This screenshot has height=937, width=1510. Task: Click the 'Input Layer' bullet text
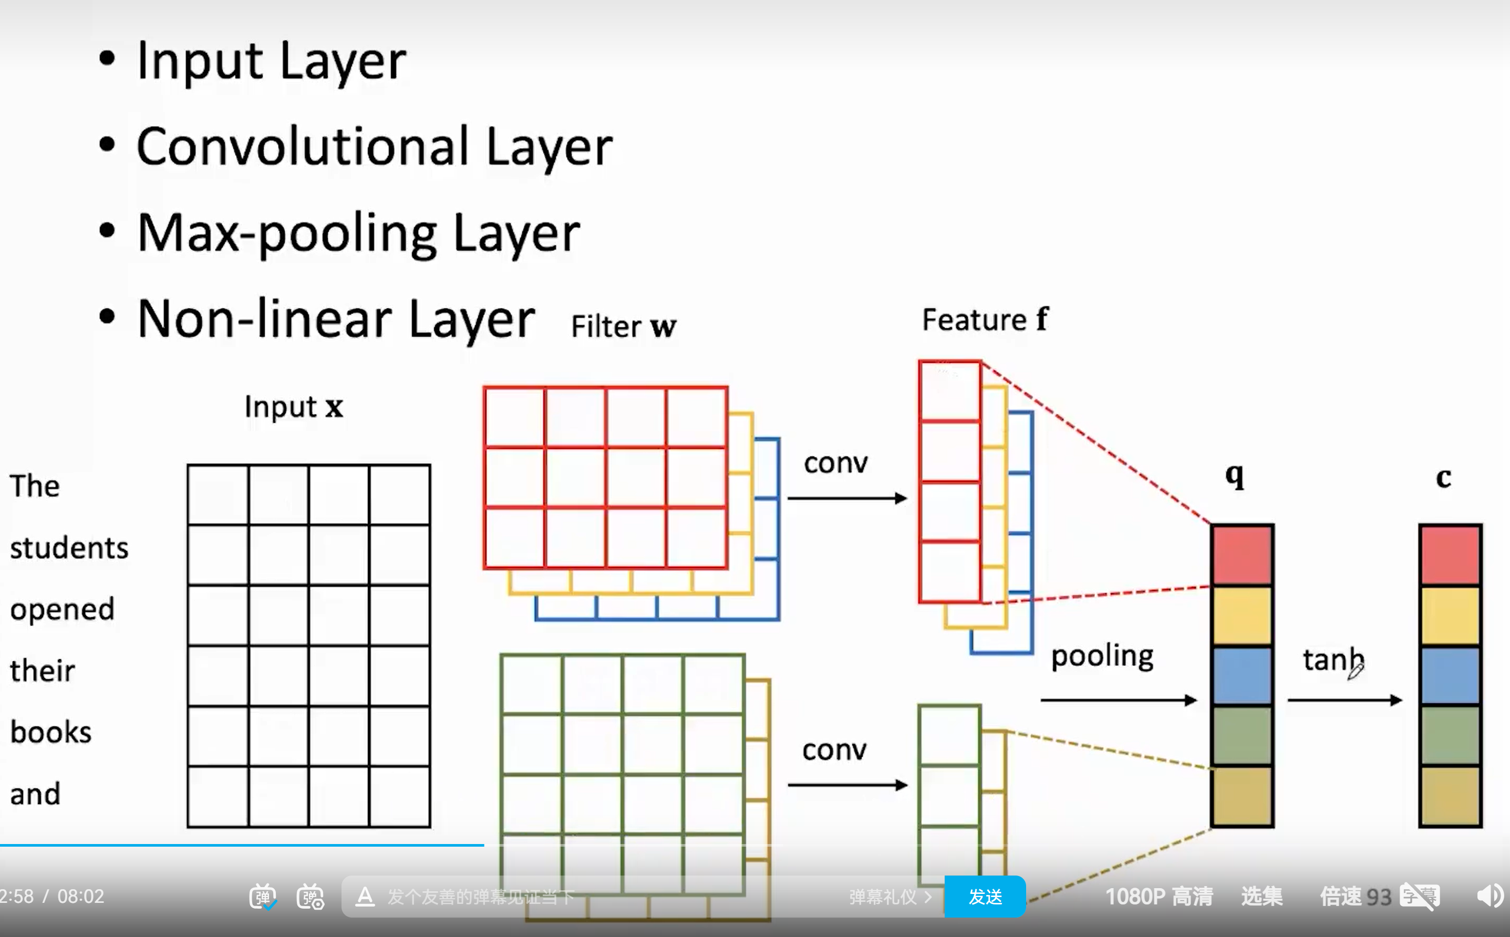point(271,61)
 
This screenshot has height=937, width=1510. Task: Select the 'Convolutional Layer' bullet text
point(375,147)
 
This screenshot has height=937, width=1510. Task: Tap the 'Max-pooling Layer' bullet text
point(358,234)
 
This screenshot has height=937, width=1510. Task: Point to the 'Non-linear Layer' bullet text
point(335,319)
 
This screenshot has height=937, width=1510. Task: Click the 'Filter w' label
point(623,327)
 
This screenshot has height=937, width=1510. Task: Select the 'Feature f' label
point(985,320)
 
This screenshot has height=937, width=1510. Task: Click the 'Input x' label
point(294,407)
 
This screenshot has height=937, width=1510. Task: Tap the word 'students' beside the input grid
point(69,548)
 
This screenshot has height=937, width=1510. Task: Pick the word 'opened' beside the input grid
point(63,609)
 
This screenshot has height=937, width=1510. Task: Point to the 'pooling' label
point(1102,657)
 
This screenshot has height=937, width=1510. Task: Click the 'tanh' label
point(1333,659)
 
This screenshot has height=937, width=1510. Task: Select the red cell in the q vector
point(1242,555)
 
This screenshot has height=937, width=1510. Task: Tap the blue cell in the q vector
point(1242,675)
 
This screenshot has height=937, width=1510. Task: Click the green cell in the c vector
point(1450,736)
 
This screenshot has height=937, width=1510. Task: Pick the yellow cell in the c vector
point(1450,616)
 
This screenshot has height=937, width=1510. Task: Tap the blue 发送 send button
point(985,896)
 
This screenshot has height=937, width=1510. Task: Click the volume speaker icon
point(1490,896)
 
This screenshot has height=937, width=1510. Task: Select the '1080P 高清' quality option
point(1159,896)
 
